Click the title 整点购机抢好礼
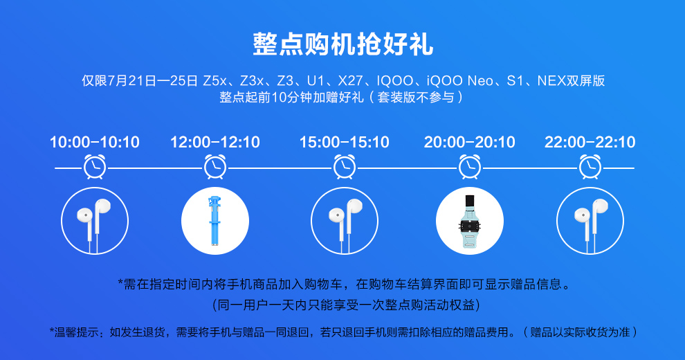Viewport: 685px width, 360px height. click(x=343, y=44)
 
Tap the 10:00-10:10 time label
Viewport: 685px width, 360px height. click(x=95, y=142)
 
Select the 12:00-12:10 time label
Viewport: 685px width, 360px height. click(x=215, y=142)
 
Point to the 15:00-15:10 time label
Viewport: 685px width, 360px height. click(x=345, y=142)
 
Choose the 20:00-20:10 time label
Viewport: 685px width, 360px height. click(x=470, y=142)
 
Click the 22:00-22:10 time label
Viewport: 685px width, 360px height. click(x=590, y=142)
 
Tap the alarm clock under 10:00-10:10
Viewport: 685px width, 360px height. click(x=95, y=166)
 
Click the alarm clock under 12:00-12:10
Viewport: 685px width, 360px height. click(x=215, y=166)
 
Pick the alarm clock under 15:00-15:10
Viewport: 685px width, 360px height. click(x=345, y=166)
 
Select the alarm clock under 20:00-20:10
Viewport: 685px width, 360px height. click(x=470, y=166)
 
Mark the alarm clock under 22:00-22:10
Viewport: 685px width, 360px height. click(x=590, y=166)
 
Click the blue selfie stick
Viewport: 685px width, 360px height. click(x=215, y=221)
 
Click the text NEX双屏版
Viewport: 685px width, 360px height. click(x=571, y=81)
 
